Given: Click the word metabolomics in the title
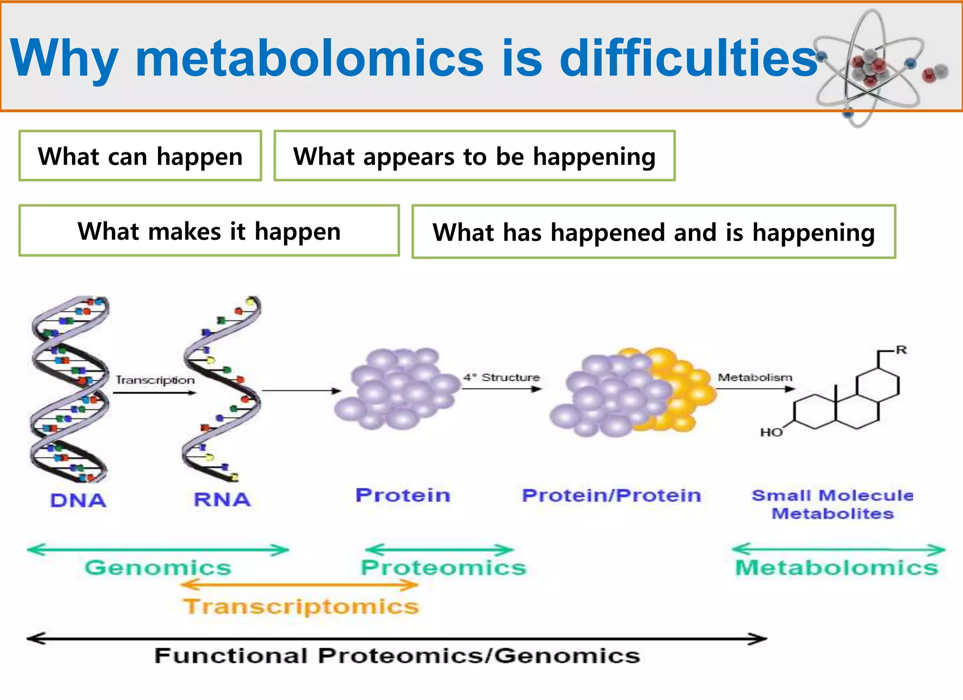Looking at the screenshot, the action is pyautogui.click(x=309, y=58).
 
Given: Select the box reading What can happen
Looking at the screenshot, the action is pyautogui.click(x=140, y=156).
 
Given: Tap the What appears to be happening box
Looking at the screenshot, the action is pyautogui.click(x=474, y=156).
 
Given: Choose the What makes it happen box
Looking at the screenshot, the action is pyautogui.click(x=209, y=231).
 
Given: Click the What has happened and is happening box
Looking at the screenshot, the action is pyautogui.click(x=654, y=232).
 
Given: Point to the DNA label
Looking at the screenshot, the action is pyautogui.click(x=79, y=500).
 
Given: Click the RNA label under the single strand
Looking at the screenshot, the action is pyautogui.click(x=222, y=499).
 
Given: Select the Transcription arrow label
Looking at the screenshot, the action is pyautogui.click(x=155, y=380).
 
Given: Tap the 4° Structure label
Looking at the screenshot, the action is pyautogui.click(x=501, y=378).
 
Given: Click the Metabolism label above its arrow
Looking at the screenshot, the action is pyautogui.click(x=755, y=378).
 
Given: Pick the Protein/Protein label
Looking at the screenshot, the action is pyautogui.click(x=611, y=496).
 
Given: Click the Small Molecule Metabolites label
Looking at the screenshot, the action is pyautogui.click(x=832, y=504).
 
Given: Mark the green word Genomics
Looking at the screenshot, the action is pyautogui.click(x=158, y=567).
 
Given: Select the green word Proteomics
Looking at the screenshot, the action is pyautogui.click(x=443, y=567).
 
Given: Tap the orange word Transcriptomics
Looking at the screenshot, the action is pyautogui.click(x=301, y=606).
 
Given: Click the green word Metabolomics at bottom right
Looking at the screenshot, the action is pyautogui.click(x=837, y=567).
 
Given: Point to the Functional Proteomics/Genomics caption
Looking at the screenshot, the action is pyautogui.click(x=397, y=656).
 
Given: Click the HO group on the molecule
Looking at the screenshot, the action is pyautogui.click(x=771, y=433).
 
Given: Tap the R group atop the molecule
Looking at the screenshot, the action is pyautogui.click(x=901, y=350).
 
